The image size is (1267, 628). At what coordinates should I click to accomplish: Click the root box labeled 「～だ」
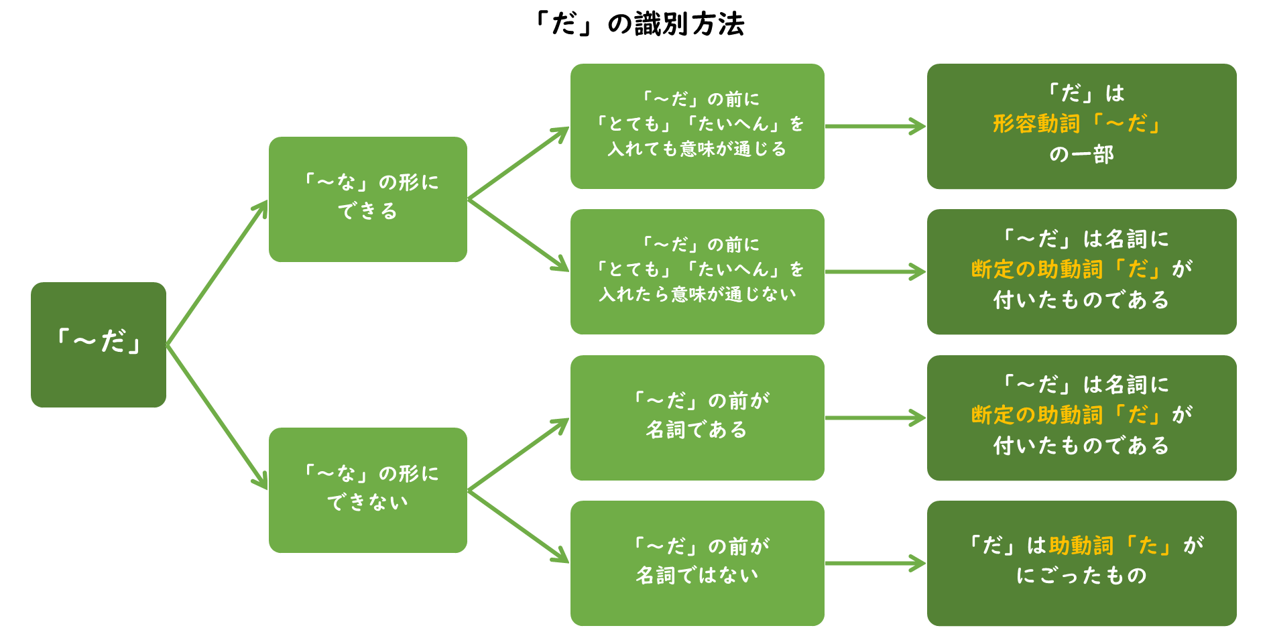[99, 344]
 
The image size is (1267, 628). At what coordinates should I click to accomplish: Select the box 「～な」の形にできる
[367, 199]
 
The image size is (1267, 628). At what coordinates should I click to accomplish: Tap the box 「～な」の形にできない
[367, 490]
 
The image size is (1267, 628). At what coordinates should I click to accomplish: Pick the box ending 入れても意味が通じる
[697, 126]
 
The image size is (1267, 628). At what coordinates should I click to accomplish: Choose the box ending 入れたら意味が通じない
[697, 271]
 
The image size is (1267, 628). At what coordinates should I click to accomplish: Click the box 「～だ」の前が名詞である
[697, 418]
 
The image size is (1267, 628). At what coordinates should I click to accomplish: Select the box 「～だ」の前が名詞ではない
[697, 563]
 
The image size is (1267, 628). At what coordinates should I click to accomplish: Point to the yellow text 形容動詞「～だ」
[1077, 123]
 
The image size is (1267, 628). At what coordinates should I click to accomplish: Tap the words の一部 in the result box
[1081, 155]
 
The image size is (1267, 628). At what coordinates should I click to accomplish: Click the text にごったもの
[1081, 575]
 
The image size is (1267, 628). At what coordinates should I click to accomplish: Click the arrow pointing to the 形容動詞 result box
[875, 126]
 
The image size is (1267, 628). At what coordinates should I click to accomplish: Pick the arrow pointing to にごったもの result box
[875, 563]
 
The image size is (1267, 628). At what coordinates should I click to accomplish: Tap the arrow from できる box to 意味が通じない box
[518, 235]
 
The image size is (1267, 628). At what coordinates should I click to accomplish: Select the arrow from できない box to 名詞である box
[518, 454]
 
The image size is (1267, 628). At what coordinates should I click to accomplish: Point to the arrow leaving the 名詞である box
[875, 418]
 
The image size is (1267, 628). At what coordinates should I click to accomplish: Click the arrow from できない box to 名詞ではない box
[518, 527]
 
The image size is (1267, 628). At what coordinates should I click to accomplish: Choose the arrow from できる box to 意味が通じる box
[518, 163]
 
